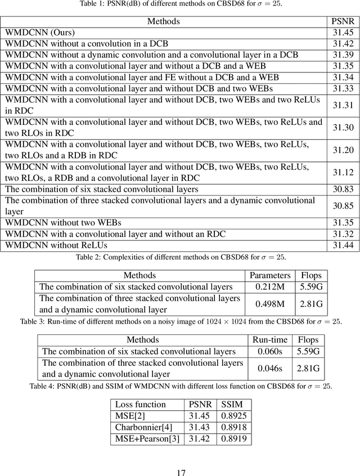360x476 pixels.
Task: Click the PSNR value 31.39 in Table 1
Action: (x=343, y=55)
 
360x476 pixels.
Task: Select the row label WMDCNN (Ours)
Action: (x=40, y=33)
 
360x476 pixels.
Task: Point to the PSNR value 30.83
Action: (x=343, y=189)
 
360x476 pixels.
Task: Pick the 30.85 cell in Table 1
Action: (x=343, y=206)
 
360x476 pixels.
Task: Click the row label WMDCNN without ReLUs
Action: (x=56, y=245)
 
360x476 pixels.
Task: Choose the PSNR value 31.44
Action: (x=343, y=245)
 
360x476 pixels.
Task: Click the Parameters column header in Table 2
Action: (x=270, y=275)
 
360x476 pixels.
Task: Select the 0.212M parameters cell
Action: (x=270, y=287)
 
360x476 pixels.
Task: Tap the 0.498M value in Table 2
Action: (x=270, y=304)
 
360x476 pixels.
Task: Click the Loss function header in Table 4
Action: (x=141, y=404)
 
